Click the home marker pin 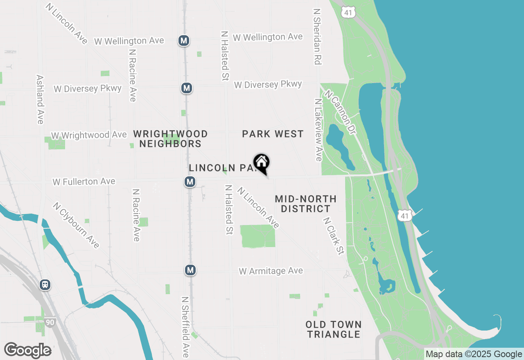point(261,162)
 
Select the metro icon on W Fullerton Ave point(190,181)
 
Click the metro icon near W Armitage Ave point(190,270)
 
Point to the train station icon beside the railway point(45,285)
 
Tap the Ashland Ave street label point(40,99)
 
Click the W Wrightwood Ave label point(89,135)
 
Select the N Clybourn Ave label point(76,225)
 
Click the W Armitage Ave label point(271,271)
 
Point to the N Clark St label point(333,236)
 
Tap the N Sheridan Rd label point(317,37)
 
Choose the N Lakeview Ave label point(318,129)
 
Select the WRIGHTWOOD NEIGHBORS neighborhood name point(170,139)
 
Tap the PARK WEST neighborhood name point(273,134)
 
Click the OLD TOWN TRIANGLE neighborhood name point(334,329)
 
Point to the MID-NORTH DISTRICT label point(305,204)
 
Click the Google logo point(27,350)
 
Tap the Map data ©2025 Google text point(474,354)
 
